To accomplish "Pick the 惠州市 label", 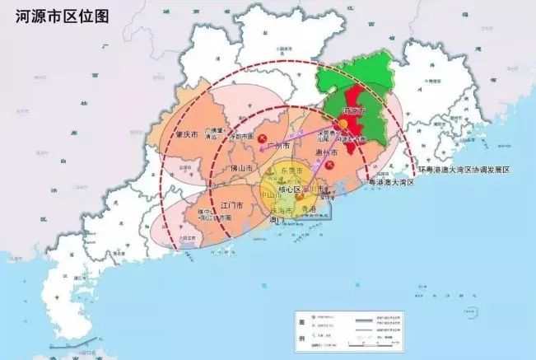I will [x=325, y=153].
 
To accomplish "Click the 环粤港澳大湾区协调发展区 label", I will [x=464, y=170].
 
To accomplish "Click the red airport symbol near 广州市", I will [x=263, y=139].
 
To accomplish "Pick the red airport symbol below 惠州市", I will [x=329, y=166].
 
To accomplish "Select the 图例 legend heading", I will [x=301, y=330].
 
